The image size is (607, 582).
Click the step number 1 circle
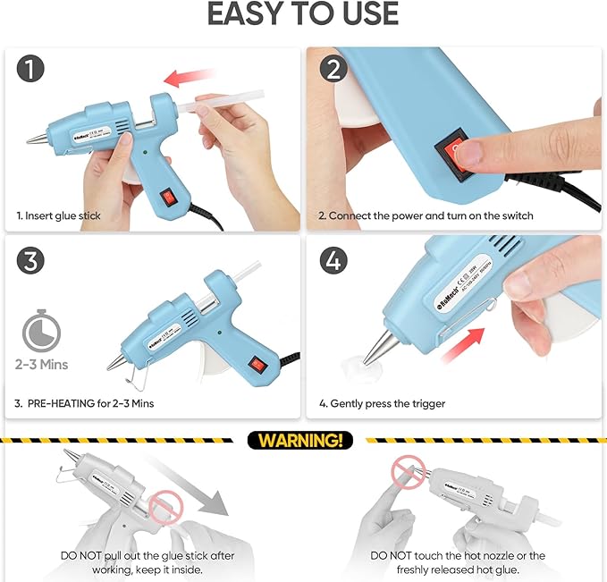coord(31,70)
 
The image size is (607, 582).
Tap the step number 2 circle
coord(332,70)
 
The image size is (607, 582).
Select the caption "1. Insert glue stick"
coord(59,216)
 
